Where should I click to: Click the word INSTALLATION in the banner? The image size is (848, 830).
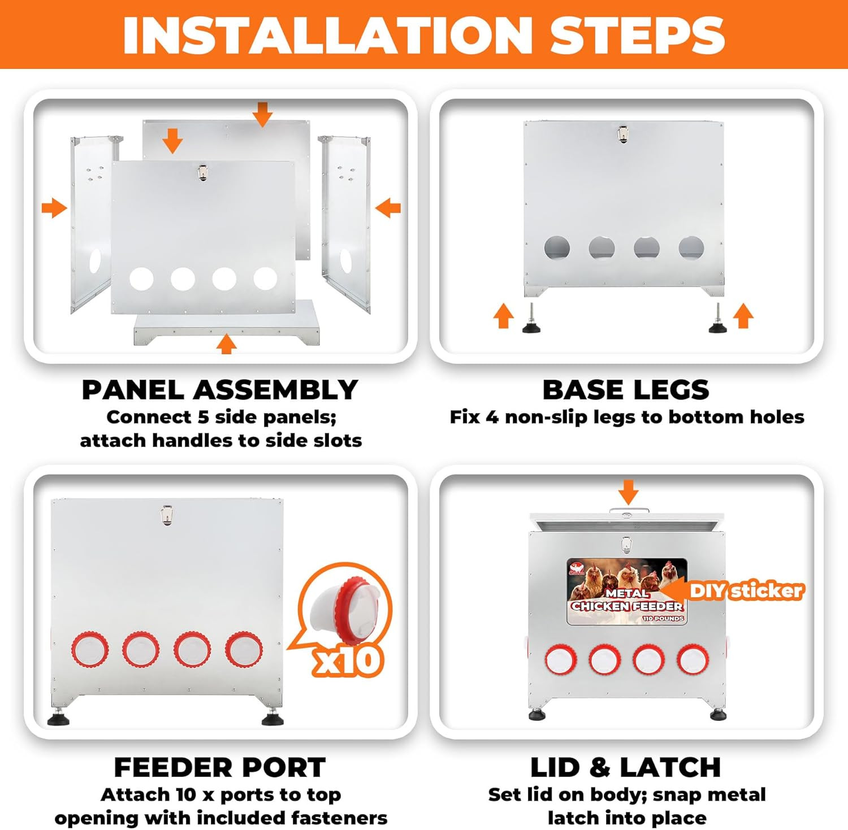point(327,35)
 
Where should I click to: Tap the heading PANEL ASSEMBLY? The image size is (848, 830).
point(220,390)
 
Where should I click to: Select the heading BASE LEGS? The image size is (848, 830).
point(626,390)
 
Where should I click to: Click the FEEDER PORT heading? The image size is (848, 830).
point(220,767)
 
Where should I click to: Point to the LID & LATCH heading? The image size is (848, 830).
point(626,767)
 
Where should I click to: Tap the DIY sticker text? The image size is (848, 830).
point(746,591)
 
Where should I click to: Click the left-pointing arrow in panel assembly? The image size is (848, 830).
point(388,208)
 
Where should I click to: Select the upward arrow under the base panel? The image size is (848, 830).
point(227,344)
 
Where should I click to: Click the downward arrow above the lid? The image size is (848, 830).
point(628,492)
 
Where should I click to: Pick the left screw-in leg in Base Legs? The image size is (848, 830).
point(531,319)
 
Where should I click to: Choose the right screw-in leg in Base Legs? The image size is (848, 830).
point(718,319)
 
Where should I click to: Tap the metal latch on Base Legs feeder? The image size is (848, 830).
point(623,134)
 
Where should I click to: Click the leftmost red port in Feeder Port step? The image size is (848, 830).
point(90,650)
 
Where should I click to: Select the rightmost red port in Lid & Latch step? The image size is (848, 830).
point(693,659)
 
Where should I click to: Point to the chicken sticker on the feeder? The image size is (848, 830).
point(627,592)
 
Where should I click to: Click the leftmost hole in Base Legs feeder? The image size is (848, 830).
point(557,248)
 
